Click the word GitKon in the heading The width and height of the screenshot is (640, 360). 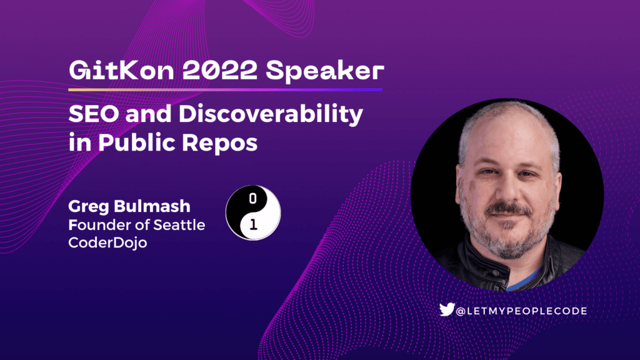(122, 70)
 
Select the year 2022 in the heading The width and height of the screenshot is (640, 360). (220, 70)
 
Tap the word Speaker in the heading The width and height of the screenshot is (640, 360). (325, 71)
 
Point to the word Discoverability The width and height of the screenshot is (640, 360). (271, 115)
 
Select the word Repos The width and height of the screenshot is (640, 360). (219, 144)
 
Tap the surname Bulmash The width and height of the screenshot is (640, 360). (152, 206)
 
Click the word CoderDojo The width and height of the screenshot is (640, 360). (107, 242)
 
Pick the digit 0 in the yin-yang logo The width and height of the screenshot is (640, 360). (252, 199)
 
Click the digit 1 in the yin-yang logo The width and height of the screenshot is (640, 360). (253, 224)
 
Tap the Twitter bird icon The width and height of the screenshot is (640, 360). (447, 309)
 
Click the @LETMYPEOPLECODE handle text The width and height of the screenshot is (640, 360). (521, 311)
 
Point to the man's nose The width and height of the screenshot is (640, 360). (507, 189)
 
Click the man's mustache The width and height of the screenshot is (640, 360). (509, 209)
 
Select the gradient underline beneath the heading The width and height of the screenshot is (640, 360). (225, 89)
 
